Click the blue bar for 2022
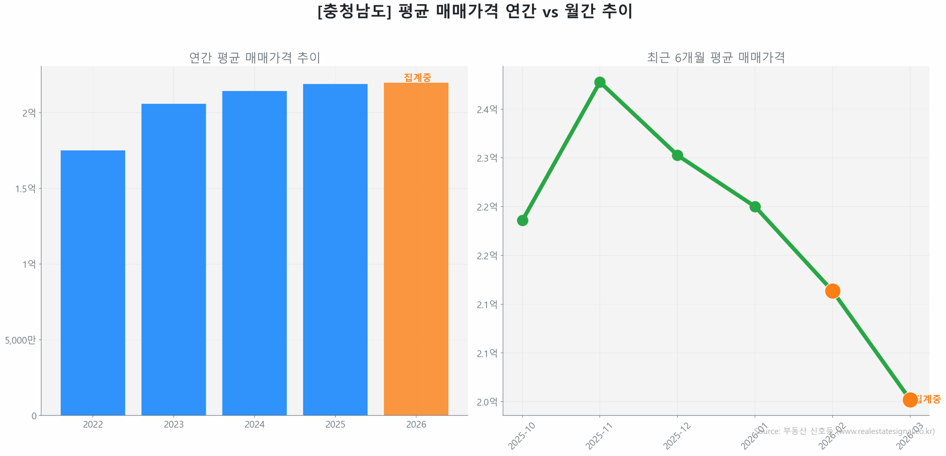(x=93, y=282)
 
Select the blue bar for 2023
(x=173, y=259)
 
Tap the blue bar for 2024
(x=254, y=253)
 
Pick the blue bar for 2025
(x=335, y=249)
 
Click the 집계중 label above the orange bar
(x=417, y=77)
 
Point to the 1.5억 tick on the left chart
(x=25, y=188)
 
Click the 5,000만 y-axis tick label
(x=20, y=340)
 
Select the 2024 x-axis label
(x=254, y=424)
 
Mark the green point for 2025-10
(x=522, y=220)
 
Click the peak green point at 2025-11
(x=599, y=82)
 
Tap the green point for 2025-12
(x=677, y=155)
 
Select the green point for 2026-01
(x=755, y=206)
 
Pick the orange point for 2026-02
(x=832, y=291)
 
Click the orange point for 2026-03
(x=909, y=399)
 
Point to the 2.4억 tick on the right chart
(x=487, y=109)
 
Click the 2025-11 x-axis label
(x=599, y=436)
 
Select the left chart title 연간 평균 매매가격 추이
(x=254, y=58)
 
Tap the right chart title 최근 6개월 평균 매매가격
(x=715, y=58)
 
